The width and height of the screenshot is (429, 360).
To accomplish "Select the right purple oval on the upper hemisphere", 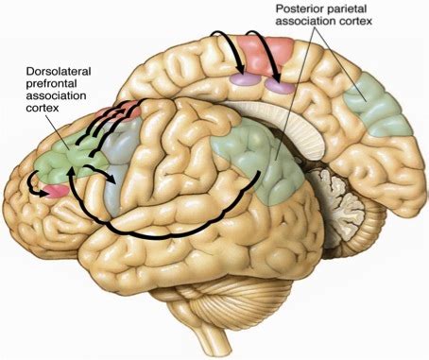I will tap(279, 86).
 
